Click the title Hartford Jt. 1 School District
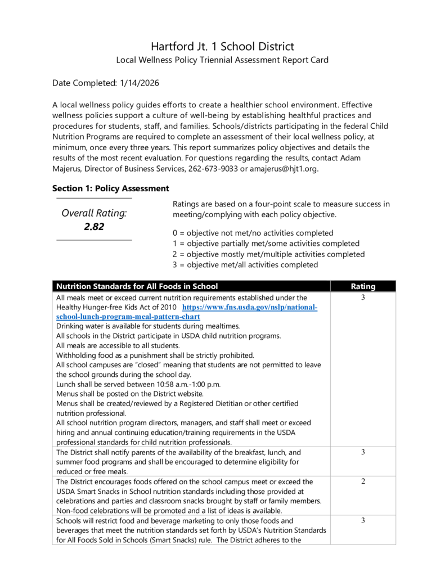222,46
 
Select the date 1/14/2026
140,83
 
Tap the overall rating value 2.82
94,227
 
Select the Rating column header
363,286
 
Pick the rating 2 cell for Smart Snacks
363,481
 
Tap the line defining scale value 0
253,233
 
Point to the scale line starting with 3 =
245,265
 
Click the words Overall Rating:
94,213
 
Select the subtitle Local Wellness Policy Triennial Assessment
222,60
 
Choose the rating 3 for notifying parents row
363,452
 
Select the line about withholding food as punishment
155,355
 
